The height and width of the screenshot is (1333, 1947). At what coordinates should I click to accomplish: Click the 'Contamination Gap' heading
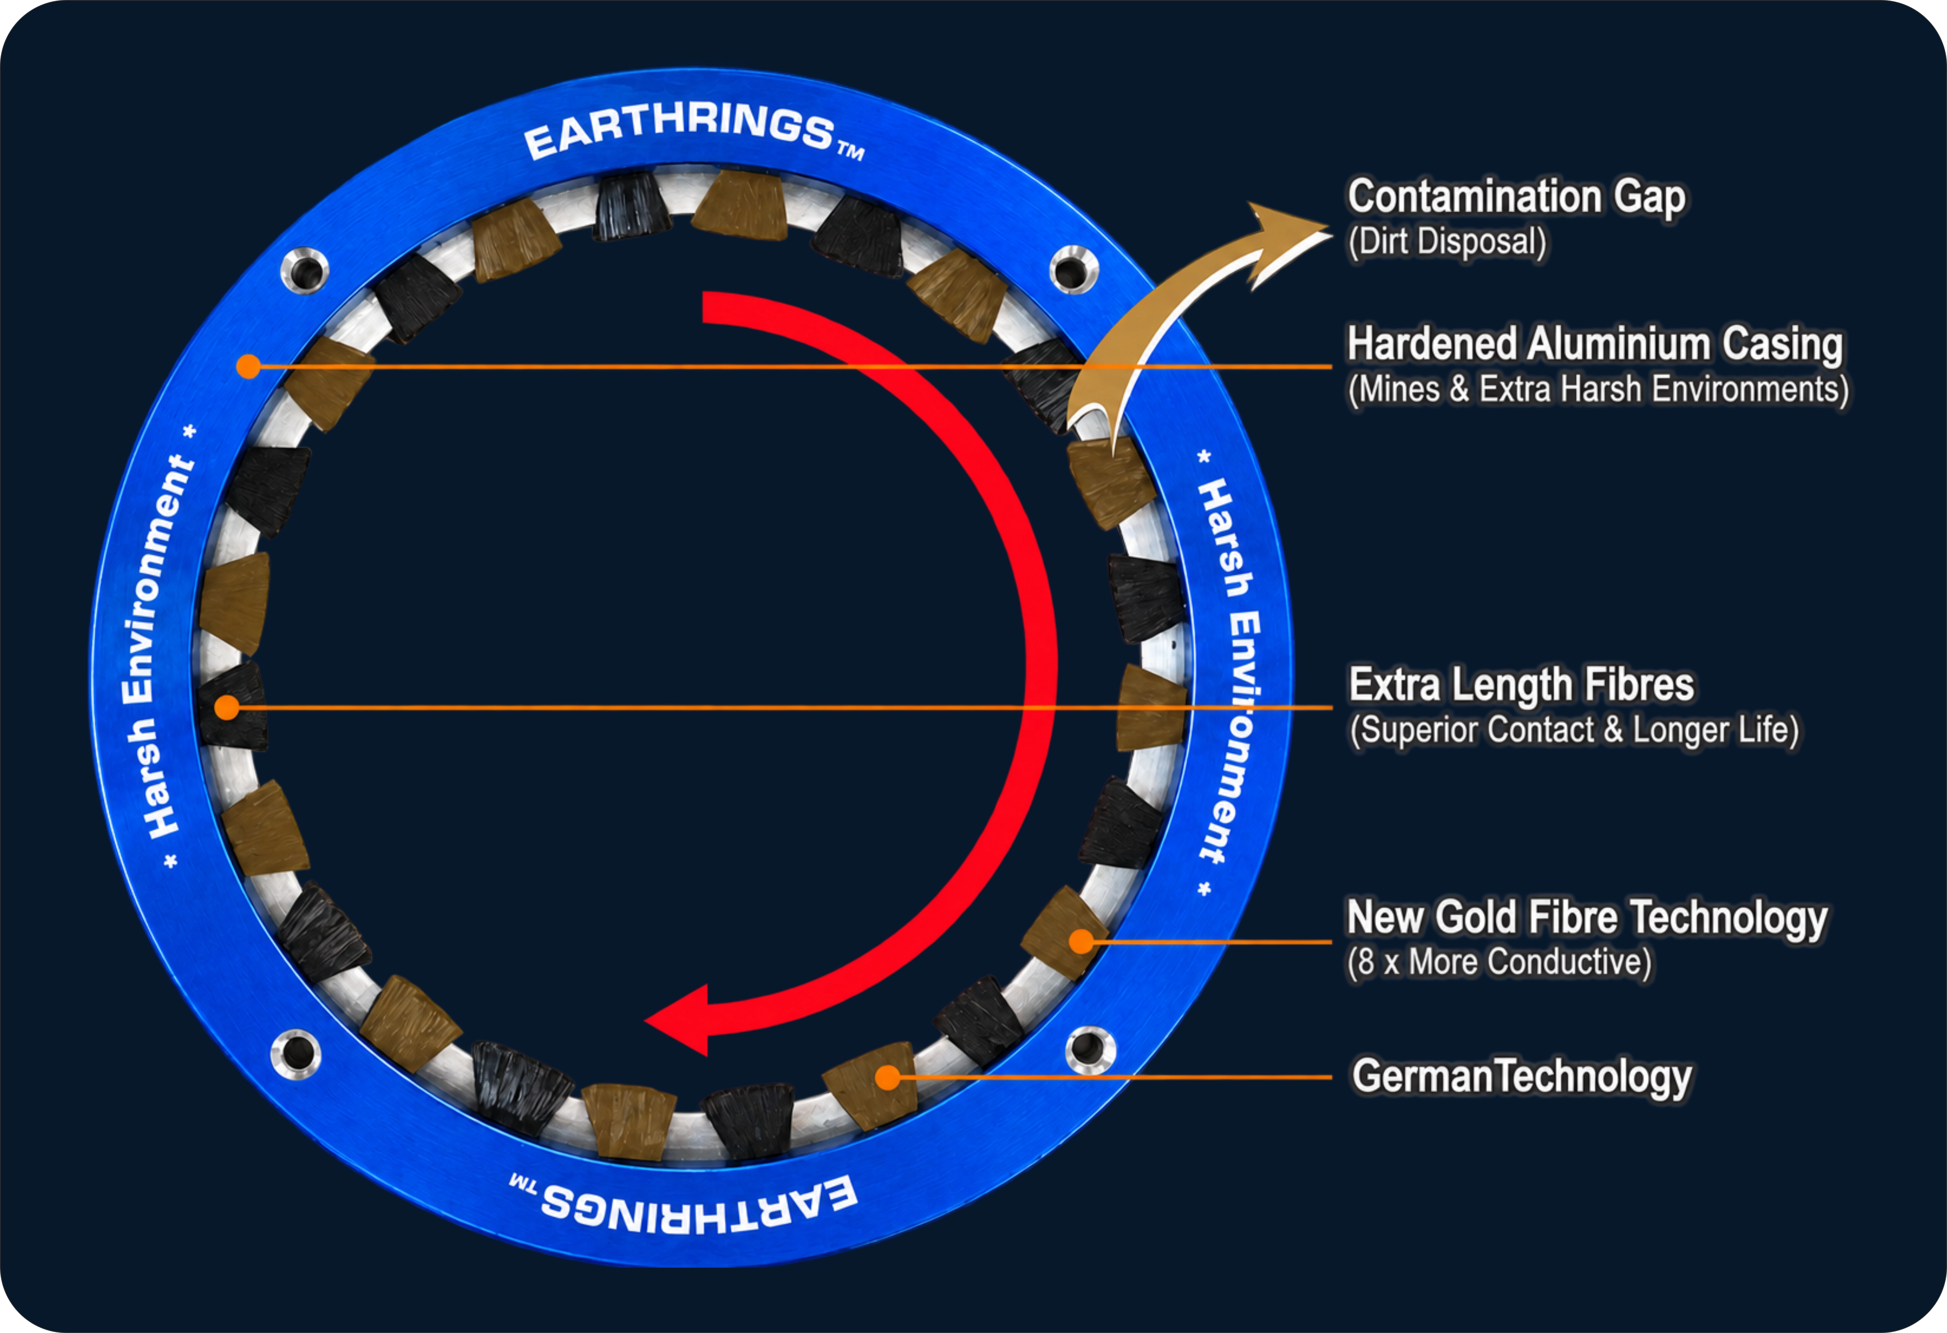pos(1516,198)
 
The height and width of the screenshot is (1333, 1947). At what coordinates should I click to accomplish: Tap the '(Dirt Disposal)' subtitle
pos(1447,242)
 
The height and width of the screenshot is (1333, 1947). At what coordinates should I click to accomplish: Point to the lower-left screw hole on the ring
pos(296,1054)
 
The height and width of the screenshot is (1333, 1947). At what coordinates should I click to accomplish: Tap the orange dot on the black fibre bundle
pos(226,708)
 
